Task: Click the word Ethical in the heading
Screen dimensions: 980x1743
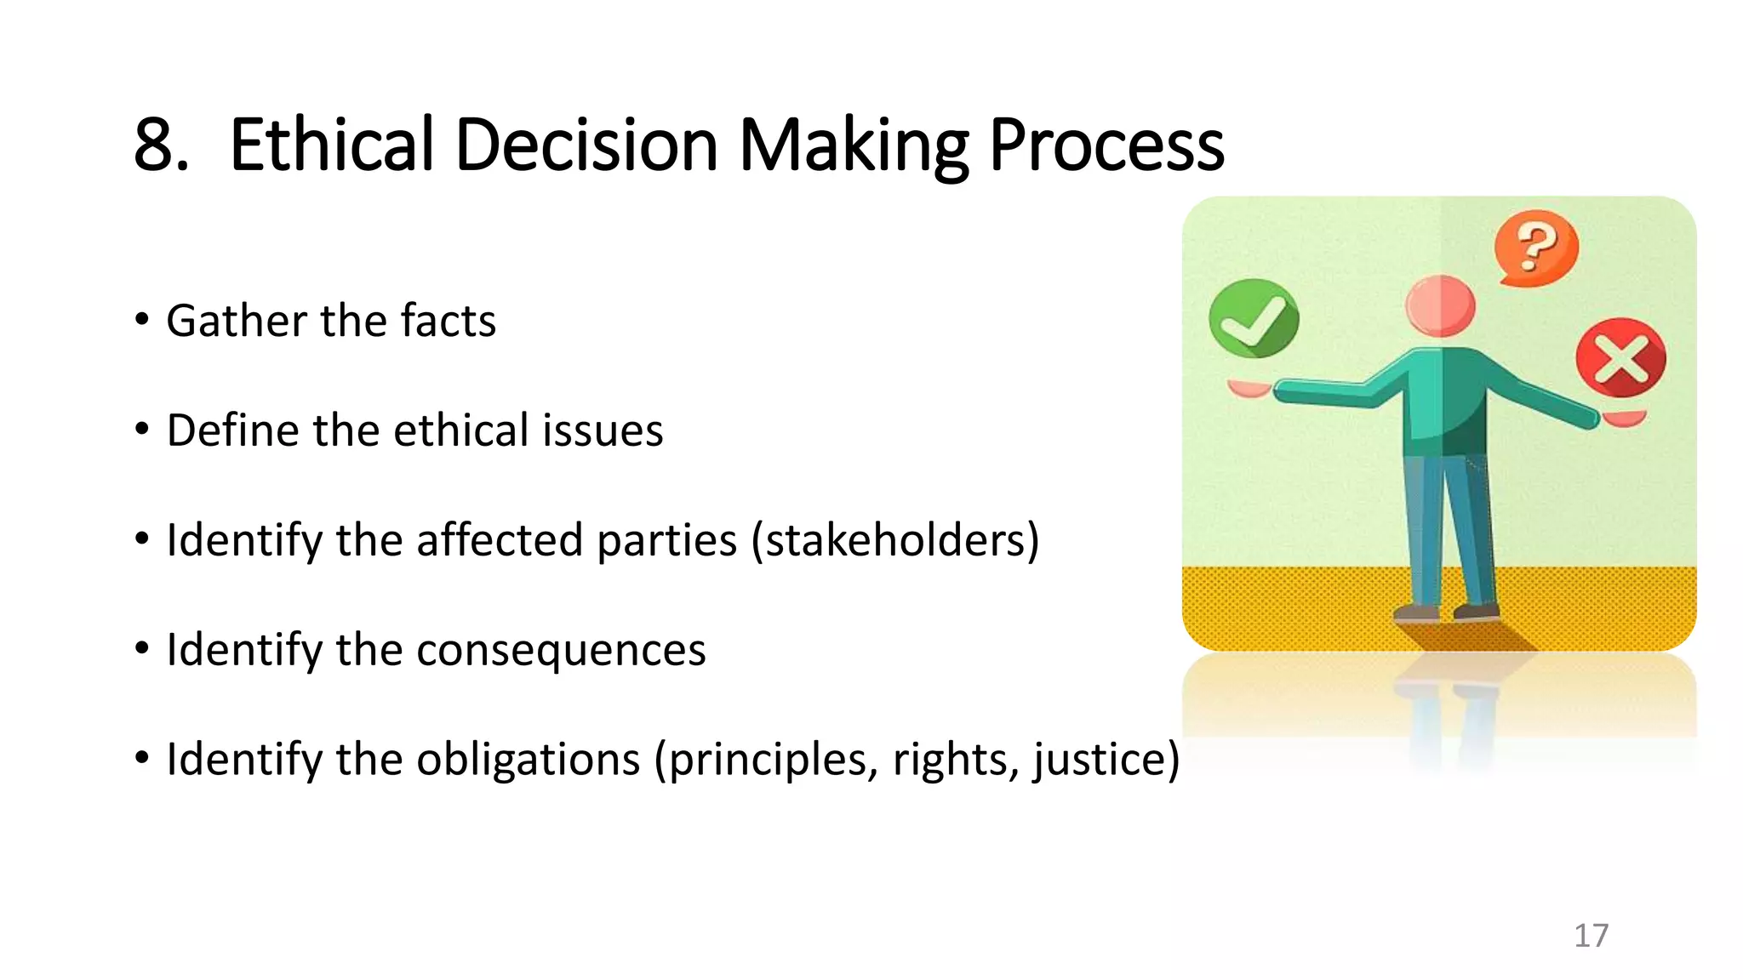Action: point(333,145)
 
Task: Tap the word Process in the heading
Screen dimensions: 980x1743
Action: point(1106,145)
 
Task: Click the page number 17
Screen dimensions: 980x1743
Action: point(1591,936)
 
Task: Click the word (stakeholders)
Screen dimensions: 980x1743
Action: point(894,540)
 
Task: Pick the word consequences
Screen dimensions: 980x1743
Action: point(561,651)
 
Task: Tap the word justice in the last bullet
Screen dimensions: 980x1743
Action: point(1106,759)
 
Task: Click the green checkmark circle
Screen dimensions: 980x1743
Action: point(1253,318)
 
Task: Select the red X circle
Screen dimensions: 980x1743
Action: point(1620,357)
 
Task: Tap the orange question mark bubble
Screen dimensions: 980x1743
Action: point(1536,248)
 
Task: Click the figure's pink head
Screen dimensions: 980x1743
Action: point(1440,305)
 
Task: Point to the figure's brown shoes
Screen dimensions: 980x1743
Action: point(1446,612)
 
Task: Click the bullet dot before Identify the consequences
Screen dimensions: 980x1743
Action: point(142,649)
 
